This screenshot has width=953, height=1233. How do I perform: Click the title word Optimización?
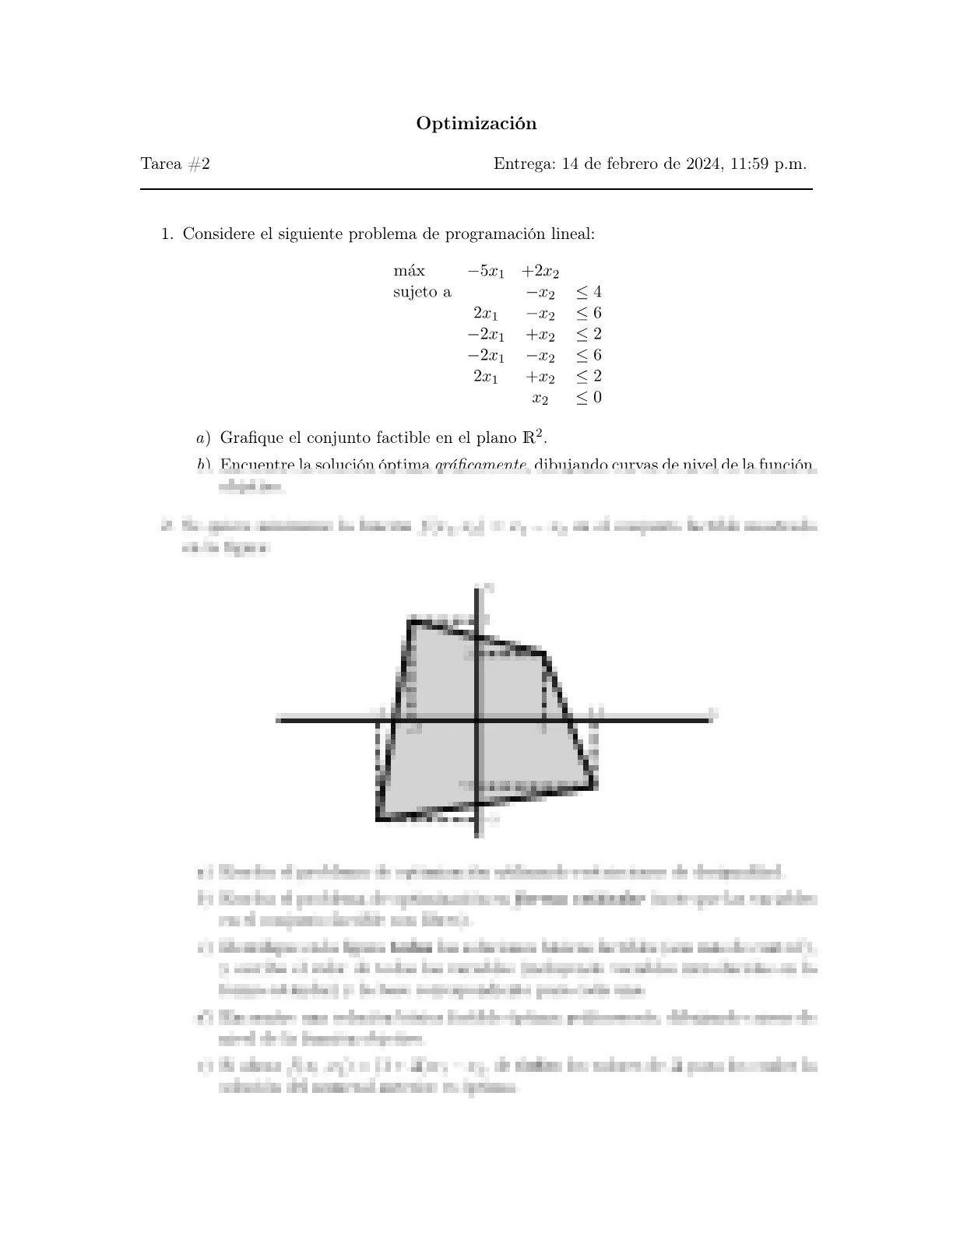coord(476,124)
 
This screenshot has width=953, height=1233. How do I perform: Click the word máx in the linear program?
coord(410,271)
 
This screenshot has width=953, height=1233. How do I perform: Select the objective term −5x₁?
coord(486,272)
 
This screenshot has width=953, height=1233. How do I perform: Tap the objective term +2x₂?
coord(540,272)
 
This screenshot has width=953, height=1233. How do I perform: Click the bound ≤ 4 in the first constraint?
coord(589,292)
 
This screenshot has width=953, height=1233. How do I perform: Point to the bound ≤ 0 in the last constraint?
coord(589,397)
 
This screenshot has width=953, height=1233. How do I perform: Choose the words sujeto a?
coord(422,292)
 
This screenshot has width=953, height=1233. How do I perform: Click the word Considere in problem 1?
coord(218,234)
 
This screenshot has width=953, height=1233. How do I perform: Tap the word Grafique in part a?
coord(249,438)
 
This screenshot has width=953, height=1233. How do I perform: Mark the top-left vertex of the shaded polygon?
coord(410,620)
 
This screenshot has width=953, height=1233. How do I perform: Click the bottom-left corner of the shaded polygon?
coord(378,819)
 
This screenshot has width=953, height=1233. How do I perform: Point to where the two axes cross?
coord(477,720)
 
